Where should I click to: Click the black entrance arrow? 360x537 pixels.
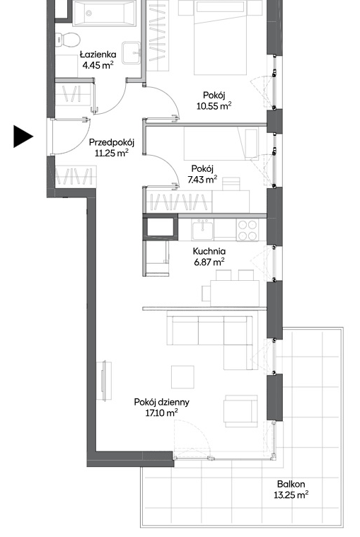(23, 137)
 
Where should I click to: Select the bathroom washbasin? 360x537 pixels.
(131, 53)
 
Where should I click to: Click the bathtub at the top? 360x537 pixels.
(105, 13)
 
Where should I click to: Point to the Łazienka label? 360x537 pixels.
(98, 54)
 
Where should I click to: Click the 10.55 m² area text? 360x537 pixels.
(214, 106)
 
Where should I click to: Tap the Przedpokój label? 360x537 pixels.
(112, 142)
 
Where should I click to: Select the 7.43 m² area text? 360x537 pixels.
(202, 179)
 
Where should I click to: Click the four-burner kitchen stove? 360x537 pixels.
(248, 230)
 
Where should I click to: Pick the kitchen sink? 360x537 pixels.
(202, 230)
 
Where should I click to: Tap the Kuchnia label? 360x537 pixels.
(209, 251)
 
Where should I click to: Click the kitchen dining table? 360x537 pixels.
(235, 293)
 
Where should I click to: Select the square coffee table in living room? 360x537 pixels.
(182, 376)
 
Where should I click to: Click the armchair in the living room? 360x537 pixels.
(241, 411)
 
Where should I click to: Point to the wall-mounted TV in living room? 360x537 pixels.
(106, 380)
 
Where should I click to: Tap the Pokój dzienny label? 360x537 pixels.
(161, 402)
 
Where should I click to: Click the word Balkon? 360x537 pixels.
(291, 484)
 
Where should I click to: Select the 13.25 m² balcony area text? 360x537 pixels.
(291, 495)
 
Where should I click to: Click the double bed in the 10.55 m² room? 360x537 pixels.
(221, 37)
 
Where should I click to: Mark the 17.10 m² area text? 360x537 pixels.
(161, 413)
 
